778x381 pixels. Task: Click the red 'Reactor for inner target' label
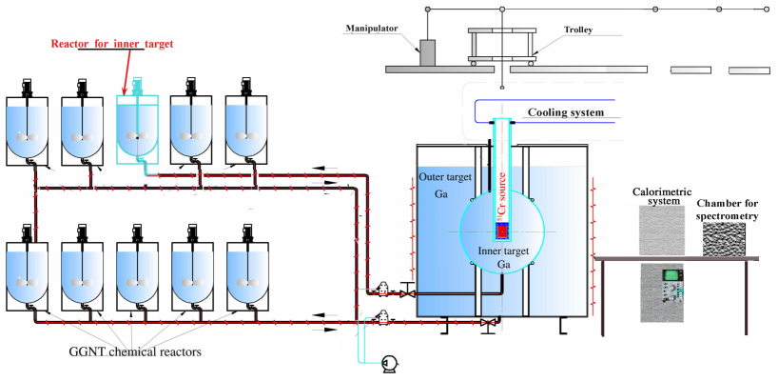point(112,44)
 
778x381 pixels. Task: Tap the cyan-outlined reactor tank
point(138,130)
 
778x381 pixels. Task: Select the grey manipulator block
point(427,52)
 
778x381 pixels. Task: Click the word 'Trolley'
point(578,30)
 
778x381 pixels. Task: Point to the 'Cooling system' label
point(566,112)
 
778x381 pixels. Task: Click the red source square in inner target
point(502,231)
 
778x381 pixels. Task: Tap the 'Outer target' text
point(445,178)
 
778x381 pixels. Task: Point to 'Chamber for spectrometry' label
point(728,210)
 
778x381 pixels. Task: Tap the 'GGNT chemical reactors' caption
point(135,352)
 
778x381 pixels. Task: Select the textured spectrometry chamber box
point(724,239)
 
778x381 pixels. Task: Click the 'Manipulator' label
point(372,29)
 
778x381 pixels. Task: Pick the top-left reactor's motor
point(27,88)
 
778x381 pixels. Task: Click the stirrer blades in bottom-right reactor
point(246,282)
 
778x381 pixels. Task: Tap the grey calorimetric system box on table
point(661,231)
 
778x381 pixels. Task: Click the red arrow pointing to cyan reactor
point(127,72)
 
